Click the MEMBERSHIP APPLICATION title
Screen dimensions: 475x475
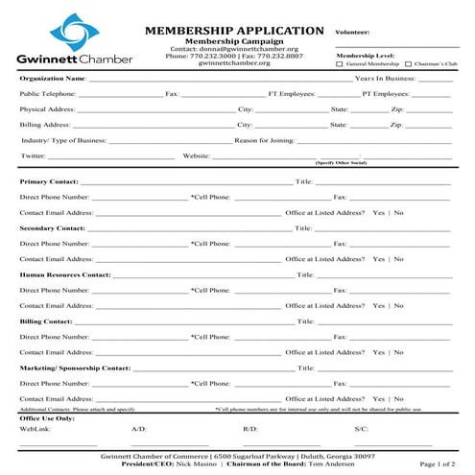click(x=233, y=31)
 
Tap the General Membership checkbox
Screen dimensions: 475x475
click(x=341, y=64)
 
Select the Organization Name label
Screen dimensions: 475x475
click(x=53, y=78)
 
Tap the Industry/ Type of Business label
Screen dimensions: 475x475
click(x=64, y=140)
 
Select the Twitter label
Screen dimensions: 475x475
click(x=33, y=155)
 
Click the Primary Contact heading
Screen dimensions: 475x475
click(x=48, y=181)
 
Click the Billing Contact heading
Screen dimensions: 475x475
click(x=45, y=321)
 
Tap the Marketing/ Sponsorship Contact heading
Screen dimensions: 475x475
click(x=75, y=368)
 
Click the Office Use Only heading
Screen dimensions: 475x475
click(x=47, y=418)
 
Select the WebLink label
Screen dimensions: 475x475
click(x=34, y=429)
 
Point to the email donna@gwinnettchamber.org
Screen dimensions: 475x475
click(x=244, y=49)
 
